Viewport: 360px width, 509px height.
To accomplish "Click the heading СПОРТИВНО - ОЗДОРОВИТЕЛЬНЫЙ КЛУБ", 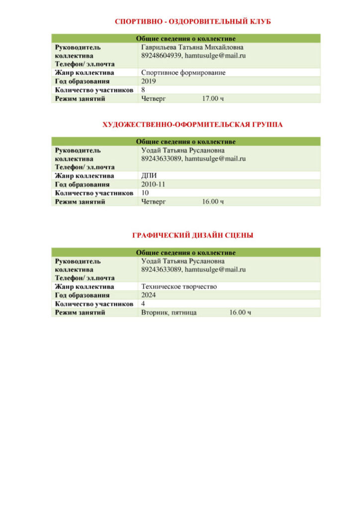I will point(192,22).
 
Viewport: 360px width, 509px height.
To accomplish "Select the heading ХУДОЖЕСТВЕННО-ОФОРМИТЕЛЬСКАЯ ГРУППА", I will point(192,125).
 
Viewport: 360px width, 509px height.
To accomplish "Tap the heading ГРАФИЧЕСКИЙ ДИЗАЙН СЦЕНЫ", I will point(192,236).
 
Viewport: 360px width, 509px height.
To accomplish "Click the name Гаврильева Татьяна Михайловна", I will point(192,47).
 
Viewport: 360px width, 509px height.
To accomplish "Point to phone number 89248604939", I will point(161,56).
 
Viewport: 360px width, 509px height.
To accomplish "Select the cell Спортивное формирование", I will point(183,73).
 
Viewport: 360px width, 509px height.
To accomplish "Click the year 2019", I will point(148,81).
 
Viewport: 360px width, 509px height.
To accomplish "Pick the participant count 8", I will point(143,90).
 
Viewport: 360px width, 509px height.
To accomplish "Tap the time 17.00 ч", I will point(212,98).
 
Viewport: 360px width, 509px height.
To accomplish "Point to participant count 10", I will point(145,193).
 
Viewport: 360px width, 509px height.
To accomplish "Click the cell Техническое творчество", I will point(179,286).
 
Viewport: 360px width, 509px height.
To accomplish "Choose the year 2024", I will point(149,295).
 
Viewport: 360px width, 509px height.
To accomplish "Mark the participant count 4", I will point(143,304).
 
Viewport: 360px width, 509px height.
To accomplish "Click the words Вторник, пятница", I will point(169,312).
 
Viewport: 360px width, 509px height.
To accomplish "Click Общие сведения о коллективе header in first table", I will point(185,38).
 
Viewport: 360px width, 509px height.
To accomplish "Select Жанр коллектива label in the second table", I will point(84,175).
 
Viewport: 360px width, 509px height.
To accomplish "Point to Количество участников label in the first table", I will point(93,90).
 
